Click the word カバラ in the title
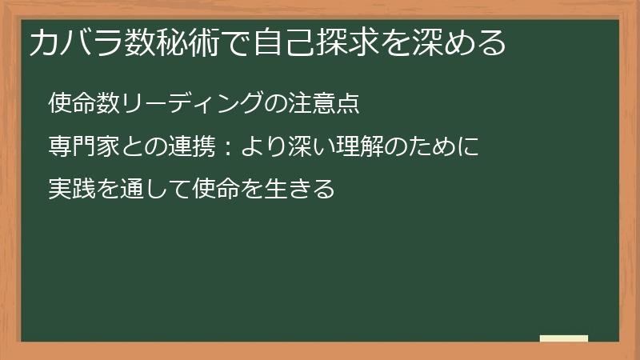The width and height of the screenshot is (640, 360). [74, 42]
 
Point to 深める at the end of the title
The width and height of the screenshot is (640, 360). [464, 42]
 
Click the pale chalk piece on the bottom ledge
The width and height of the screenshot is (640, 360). [563, 338]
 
